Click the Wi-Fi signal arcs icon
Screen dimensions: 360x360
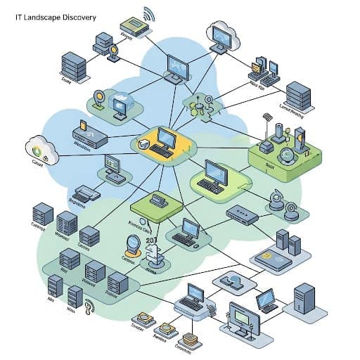(149, 13)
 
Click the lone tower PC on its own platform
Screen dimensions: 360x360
(304, 298)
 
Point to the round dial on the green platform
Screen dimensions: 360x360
(287, 153)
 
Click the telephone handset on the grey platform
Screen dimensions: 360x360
(232, 281)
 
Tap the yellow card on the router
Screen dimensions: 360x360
(82, 125)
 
